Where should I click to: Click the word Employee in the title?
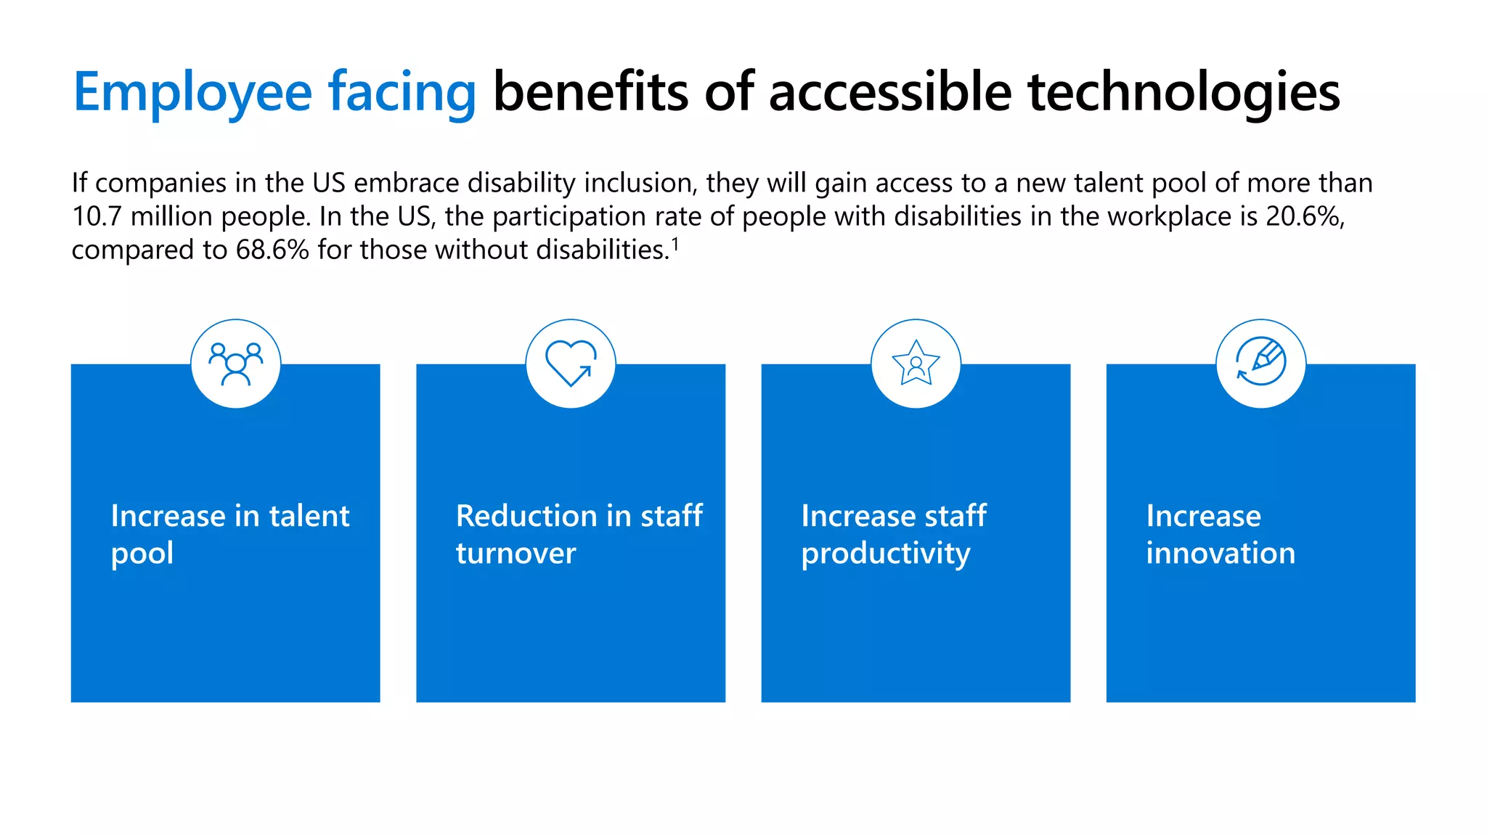(192, 93)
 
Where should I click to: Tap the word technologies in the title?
(1184, 93)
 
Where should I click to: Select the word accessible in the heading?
(889, 93)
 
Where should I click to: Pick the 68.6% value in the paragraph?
(272, 250)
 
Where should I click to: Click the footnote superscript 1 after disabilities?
(675, 244)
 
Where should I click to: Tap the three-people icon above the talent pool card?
(235, 364)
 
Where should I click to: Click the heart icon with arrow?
(571, 363)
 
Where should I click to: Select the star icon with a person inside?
(916, 363)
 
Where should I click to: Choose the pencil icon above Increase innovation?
(1261, 363)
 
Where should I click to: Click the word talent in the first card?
(309, 516)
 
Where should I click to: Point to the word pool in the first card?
(142, 554)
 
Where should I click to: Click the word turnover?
(516, 553)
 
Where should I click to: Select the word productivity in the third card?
(885, 554)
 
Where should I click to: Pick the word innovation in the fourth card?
(1221, 553)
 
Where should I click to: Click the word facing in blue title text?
(402, 93)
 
